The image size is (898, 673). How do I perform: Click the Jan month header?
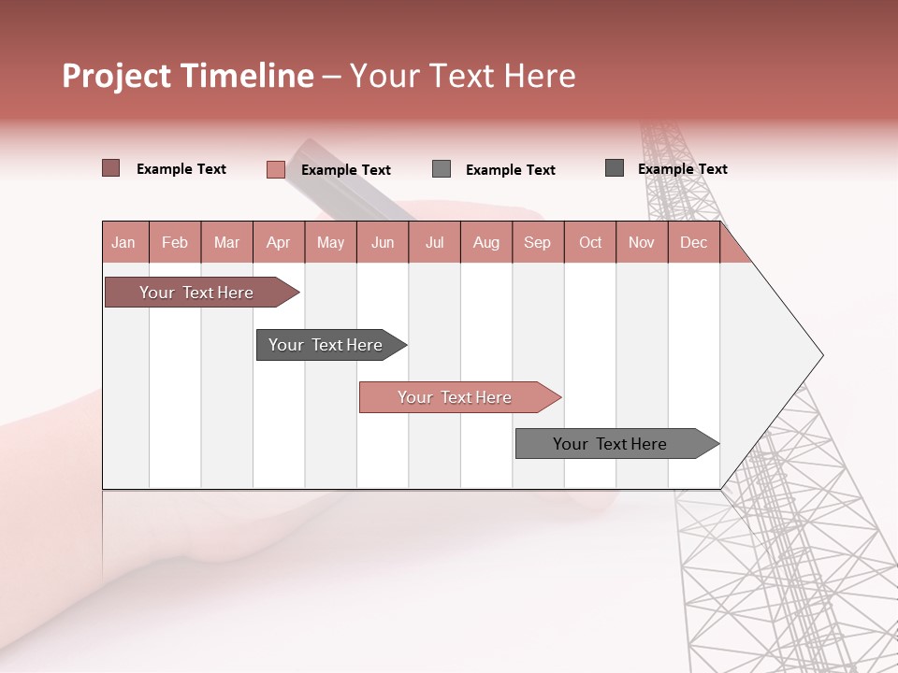123,242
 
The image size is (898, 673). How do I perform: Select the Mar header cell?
226,242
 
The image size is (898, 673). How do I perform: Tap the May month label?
330,242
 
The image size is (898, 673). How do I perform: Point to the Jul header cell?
434,242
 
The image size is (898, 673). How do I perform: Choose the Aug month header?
486,242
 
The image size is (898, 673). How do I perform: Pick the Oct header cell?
590,242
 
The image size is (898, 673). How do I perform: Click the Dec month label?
693,242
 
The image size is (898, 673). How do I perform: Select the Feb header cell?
175,242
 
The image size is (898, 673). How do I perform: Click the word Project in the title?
117,76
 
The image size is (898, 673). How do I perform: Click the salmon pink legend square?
275,169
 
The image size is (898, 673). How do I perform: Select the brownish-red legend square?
110,168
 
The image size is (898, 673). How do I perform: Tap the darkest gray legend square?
614,168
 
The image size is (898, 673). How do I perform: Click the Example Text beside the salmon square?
345,169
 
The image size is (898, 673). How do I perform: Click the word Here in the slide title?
540,76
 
